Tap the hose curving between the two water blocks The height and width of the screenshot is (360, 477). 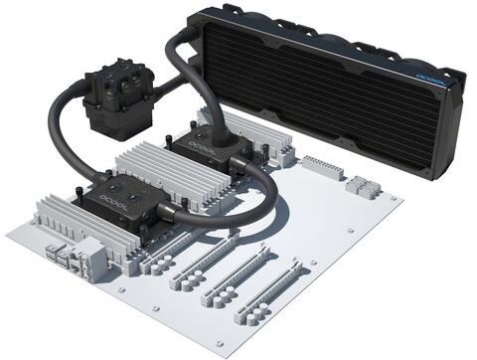253,184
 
